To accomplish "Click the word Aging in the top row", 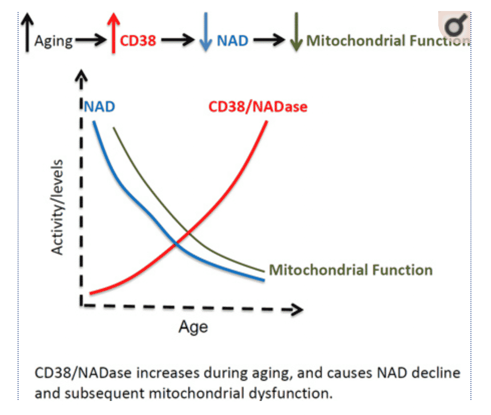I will pyautogui.click(x=54, y=41).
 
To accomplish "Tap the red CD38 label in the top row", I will pyautogui.click(x=138, y=41).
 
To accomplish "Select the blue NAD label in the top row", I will pyautogui.click(x=232, y=41).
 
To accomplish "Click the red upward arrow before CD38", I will pyautogui.click(x=114, y=33).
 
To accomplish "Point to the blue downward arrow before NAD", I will pyautogui.click(x=205, y=34).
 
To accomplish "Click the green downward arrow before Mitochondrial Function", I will pyautogui.click(x=296, y=34).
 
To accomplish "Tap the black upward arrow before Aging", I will pyautogui.click(x=27, y=33).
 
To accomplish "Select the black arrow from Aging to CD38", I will pyautogui.click(x=90, y=41).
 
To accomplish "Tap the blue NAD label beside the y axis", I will pyautogui.click(x=99, y=106).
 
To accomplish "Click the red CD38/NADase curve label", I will pyautogui.click(x=258, y=106).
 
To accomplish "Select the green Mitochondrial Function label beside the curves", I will pyautogui.click(x=350, y=270).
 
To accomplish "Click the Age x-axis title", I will pyautogui.click(x=193, y=327).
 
